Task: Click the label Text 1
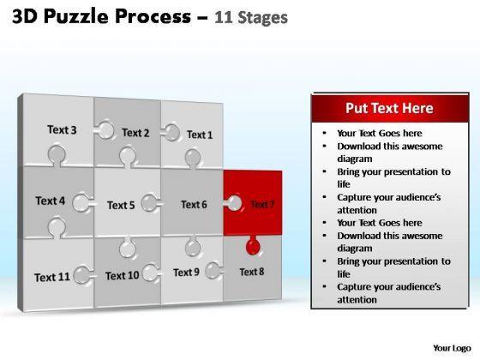(x=200, y=135)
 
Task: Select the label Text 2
(x=135, y=133)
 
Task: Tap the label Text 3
(x=62, y=129)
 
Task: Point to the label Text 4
(x=51, y=201)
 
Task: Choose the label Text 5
(x=121, y=205)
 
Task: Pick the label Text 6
(x=194, y=205)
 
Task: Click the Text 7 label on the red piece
(x=262, y=204)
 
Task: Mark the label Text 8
(x=252, y=272)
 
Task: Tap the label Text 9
(x=186, y=273)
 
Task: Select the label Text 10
(x=122, y=276)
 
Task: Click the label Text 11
(x=52, y=278)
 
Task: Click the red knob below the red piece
(x=253, y=246)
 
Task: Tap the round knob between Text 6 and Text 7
(x=233, y=203)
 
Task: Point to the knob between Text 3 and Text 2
(x=105, y=130)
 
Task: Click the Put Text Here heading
(x=389, y=108)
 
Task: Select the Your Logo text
(x=453, y=348)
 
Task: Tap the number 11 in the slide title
(x=224, y=17)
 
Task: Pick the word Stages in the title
(x=262, y=18)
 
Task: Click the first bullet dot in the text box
(x=325, y=133)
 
